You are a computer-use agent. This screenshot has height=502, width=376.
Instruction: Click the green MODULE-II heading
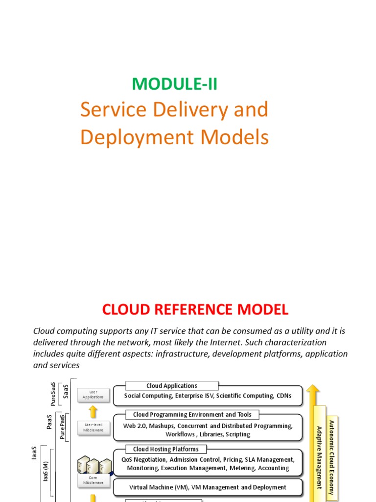174,84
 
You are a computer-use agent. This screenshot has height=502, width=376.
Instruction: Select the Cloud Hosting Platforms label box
165,449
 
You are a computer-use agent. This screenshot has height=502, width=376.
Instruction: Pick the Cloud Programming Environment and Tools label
192,415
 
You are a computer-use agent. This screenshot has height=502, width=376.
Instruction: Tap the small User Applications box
93,394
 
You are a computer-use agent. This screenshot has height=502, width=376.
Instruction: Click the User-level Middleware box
93,427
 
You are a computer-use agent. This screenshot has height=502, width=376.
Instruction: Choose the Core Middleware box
93,480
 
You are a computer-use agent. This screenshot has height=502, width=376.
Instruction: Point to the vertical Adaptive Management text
319,457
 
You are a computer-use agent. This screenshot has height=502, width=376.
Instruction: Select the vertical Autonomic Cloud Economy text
331,457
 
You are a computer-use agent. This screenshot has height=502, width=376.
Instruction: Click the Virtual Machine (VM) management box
208,487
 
